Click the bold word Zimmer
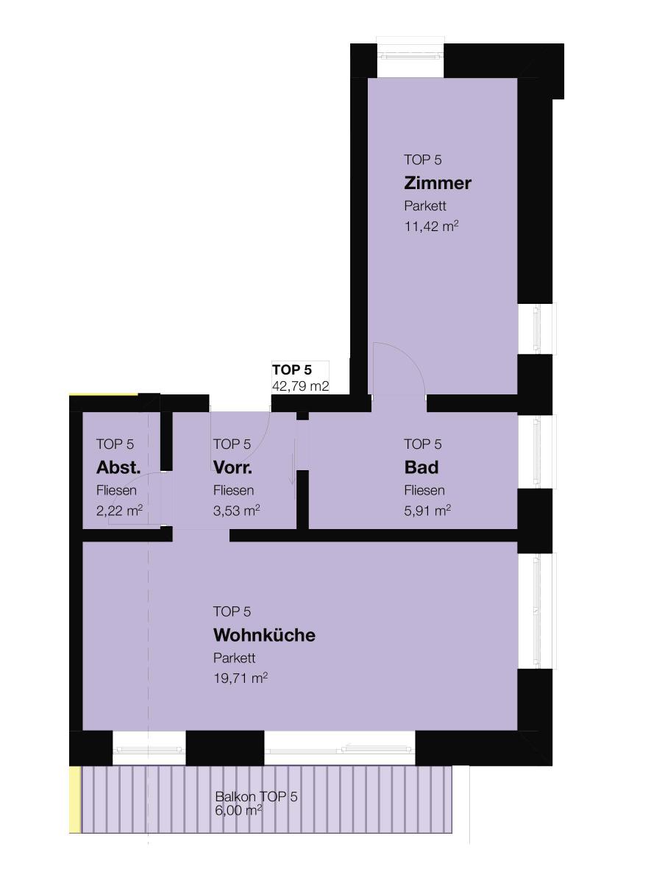click(438, 183)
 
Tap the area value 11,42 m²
click(431, 226)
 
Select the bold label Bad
click(421, 467)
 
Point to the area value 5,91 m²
click(427, 511)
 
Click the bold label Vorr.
click(232, 467)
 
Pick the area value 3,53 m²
click(236, 511)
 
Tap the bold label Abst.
click(118, 467)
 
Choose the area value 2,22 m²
click(119, 511)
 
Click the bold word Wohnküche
click(264, 635)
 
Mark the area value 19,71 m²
click(241, 678)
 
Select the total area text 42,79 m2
click(300, 386)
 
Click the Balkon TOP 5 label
click(256, 796)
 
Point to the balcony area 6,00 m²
click(238, 810)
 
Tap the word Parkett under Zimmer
click(425, 206)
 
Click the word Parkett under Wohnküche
click(235, 658)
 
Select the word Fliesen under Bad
click(424, 490)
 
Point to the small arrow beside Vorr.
click(295, 462)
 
